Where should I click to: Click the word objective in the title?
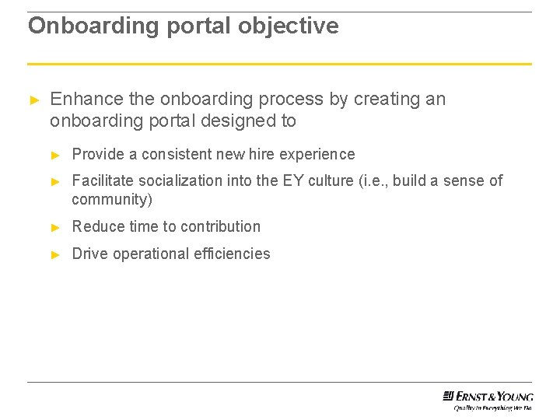point(289,26)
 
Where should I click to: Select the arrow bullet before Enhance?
point(33,100)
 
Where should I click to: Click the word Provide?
point(97,154)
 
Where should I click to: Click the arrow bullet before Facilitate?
point(55,181)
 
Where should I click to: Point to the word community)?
point(112,200)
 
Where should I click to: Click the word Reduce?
point(97,227)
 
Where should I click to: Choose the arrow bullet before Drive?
point(55,254)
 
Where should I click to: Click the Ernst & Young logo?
point(488,395)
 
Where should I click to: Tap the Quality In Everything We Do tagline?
point(493,407)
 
